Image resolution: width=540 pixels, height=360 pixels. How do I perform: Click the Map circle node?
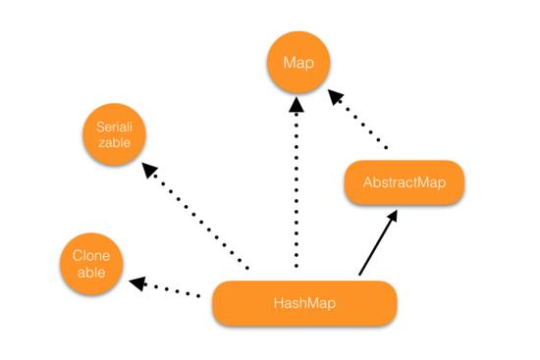click(297, 63)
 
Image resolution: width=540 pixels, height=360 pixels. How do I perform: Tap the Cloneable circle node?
click(91, 263)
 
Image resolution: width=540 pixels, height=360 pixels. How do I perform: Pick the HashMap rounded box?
click(304, 303)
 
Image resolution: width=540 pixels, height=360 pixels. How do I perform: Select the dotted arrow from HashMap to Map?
click(296, 186)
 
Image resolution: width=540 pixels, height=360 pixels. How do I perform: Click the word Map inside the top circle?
click(297, 63)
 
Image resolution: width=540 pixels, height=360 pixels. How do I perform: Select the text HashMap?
click(304, 303)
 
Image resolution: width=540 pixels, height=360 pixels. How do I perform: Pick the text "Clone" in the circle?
click(91, 255)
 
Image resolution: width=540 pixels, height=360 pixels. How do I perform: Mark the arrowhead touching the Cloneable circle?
click(138, 283)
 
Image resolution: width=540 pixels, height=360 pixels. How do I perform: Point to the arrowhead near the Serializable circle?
click(149, 170)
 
